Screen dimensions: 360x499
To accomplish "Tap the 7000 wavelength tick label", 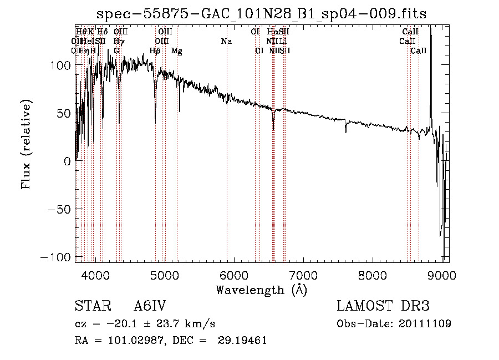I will click(x=303, y=275).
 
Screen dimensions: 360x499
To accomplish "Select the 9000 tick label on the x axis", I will click(x=442, y=275).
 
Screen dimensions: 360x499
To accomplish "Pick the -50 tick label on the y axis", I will click(x=58, y=210).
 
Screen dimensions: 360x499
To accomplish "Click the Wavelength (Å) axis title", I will click(x=261, y=290).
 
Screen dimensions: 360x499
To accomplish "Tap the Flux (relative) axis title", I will click(x=26, y=145).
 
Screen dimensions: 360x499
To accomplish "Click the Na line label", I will click(x=226, y=42).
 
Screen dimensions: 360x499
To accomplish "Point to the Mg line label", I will click(x=177, y=51).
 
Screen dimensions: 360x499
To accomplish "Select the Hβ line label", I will click(x=155, y=51).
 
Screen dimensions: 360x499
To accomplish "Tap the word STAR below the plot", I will click(x=89, y=307).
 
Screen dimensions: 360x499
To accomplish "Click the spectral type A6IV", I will click(x=150, y=307).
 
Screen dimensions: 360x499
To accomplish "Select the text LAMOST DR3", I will click(x=383, y=307).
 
